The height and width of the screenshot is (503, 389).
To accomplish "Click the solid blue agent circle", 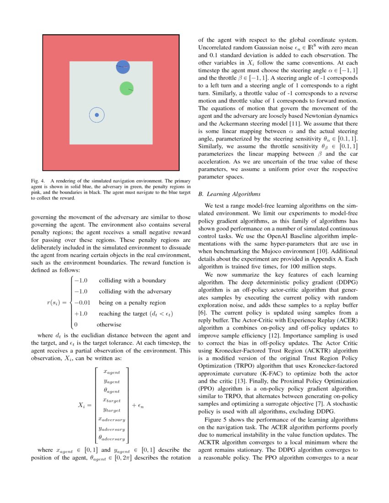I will tap(123, 67).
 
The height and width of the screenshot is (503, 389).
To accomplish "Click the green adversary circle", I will tap(126, 88).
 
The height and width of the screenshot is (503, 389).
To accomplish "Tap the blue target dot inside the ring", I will tap(97, 115).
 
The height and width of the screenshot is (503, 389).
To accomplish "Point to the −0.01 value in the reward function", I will tap(83, 303).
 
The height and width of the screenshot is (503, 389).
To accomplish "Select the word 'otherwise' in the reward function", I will tap(109, 325).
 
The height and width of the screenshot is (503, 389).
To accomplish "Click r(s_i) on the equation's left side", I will tap(56, 303).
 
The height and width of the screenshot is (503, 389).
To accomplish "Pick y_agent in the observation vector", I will tap(112, 381).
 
